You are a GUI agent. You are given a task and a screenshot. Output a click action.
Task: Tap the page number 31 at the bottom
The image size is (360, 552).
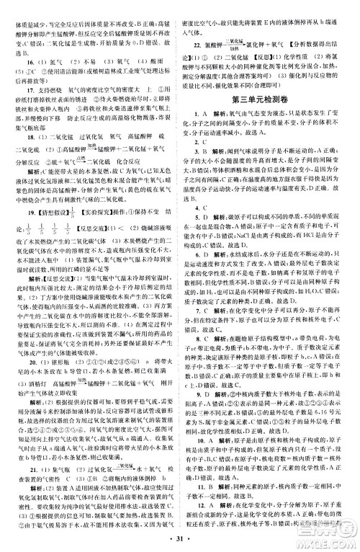179,542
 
